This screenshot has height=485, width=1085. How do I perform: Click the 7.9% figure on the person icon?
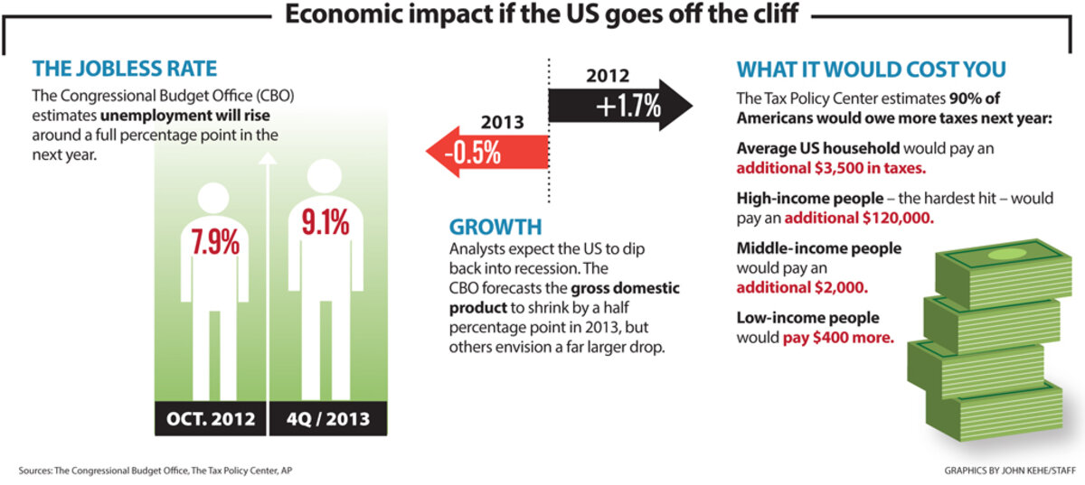214,242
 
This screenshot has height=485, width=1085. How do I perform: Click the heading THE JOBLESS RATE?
125,69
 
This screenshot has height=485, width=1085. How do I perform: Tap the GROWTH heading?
495,226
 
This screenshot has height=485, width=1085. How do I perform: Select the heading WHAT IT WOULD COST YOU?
871,70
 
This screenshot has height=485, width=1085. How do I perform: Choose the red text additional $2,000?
802,288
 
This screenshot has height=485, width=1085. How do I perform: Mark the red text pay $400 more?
838,338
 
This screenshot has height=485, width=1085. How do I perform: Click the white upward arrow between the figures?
266,271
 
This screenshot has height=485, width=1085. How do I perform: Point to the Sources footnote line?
155,471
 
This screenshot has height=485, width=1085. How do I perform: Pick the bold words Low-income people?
795,318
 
